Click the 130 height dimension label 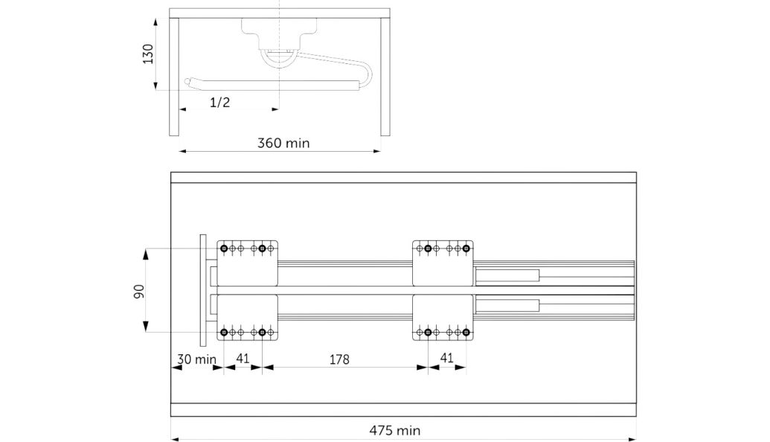pyautogui.click(x=148, y=54)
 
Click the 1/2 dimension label pyautogui.click(x=219, y=103)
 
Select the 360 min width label pyautogui.click(x=283, y=144)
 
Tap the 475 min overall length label pyautogui.click(x=395, y=431)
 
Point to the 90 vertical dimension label pyautogui.click(x=139, y=291)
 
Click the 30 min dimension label pyautogui.click(x=196, y=359)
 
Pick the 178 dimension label pyautogui.click(x=339, y=359)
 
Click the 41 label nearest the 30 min pyautogui.click(x=243, y=359)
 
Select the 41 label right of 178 pyautogui.click(x=446, y=358)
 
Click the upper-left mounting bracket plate pyautogui.click(x=248, y=263)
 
